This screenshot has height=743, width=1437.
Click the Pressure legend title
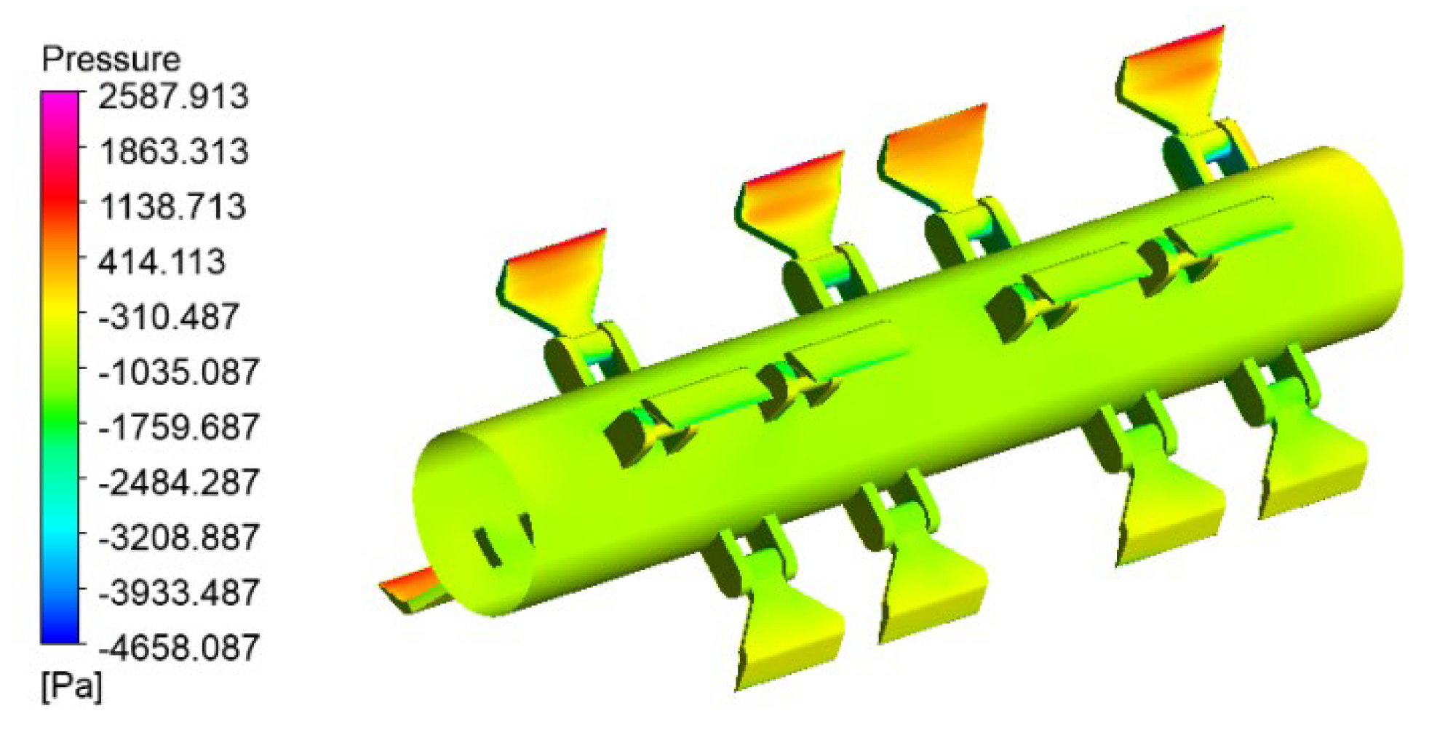[x=111, y=59]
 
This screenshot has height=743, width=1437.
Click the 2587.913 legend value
[x=173, y=96]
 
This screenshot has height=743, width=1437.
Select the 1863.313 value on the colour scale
[x=174, y=151]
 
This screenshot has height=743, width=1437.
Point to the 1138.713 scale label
[x=173, y=207]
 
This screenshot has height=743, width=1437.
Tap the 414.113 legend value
[x=162, y=261]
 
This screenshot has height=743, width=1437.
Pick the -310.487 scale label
[x=169, y=317]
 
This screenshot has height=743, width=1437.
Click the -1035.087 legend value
[x=179, y=372]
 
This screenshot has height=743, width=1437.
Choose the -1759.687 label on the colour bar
[x=179, y=426]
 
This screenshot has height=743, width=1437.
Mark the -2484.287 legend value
[x=179, y=482]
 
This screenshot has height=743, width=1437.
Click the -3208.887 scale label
[x=179, y=537]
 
